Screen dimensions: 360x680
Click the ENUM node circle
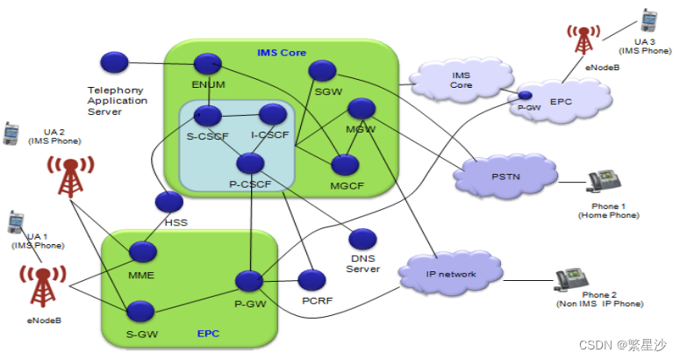207,63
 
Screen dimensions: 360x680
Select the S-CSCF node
208,114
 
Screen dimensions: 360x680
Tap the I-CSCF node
273,113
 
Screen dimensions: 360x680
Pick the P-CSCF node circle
250,162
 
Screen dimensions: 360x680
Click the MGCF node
345,164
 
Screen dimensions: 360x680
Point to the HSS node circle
168,201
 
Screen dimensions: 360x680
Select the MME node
142,253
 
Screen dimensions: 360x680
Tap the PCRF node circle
311,280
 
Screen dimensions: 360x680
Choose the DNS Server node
361,238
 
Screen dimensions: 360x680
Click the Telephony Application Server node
114,62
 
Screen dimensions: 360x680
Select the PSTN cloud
505,178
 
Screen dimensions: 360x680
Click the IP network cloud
450,275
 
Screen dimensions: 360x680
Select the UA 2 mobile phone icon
11,133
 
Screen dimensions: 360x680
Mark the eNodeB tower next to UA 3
581,40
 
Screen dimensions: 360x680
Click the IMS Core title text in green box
282,53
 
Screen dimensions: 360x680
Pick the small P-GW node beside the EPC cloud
525,95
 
